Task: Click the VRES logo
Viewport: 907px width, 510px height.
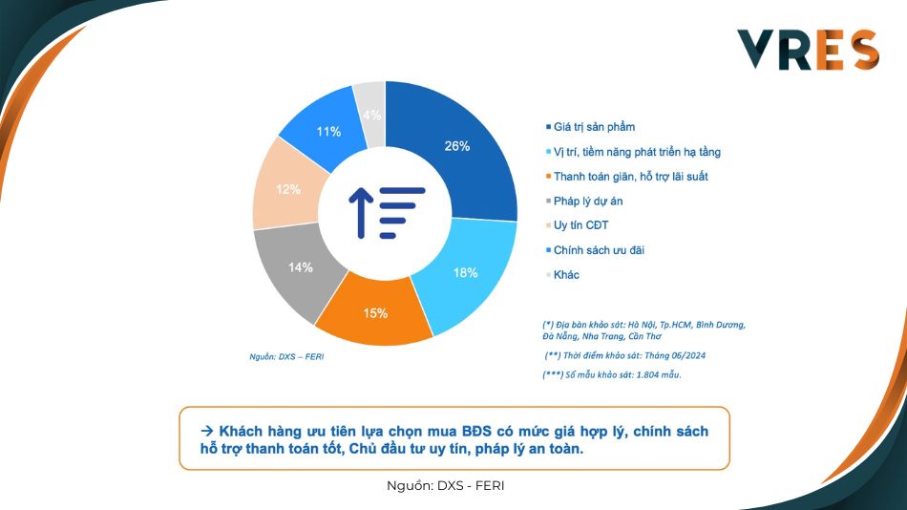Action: tap(808, 50)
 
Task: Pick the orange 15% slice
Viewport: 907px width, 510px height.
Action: tap(375, 313)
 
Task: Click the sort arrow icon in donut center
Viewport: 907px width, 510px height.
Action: tap(387, 213)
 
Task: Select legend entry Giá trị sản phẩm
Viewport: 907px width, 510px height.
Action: tap(590, 127)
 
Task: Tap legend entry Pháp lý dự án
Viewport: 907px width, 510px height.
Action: tap(584, 201)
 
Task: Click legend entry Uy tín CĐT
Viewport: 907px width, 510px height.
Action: tap(577, 225)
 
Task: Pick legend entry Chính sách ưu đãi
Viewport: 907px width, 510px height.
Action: tap(595, 250)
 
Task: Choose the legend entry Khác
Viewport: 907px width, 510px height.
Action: tap(562, 274)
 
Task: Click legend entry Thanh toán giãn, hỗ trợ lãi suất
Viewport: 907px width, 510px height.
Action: tap(626, 176)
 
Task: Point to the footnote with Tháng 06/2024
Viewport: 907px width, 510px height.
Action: tap(624, 355)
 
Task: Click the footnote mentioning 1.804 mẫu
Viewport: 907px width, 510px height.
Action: tap(612, 374)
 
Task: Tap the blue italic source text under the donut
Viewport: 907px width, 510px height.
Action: tap(286, 356)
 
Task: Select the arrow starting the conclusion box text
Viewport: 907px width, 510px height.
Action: tap(207, 431)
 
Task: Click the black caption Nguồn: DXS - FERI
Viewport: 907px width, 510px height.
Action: tap(446, 486)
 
